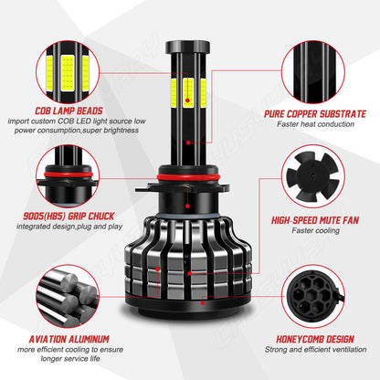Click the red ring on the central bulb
(190, 174)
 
